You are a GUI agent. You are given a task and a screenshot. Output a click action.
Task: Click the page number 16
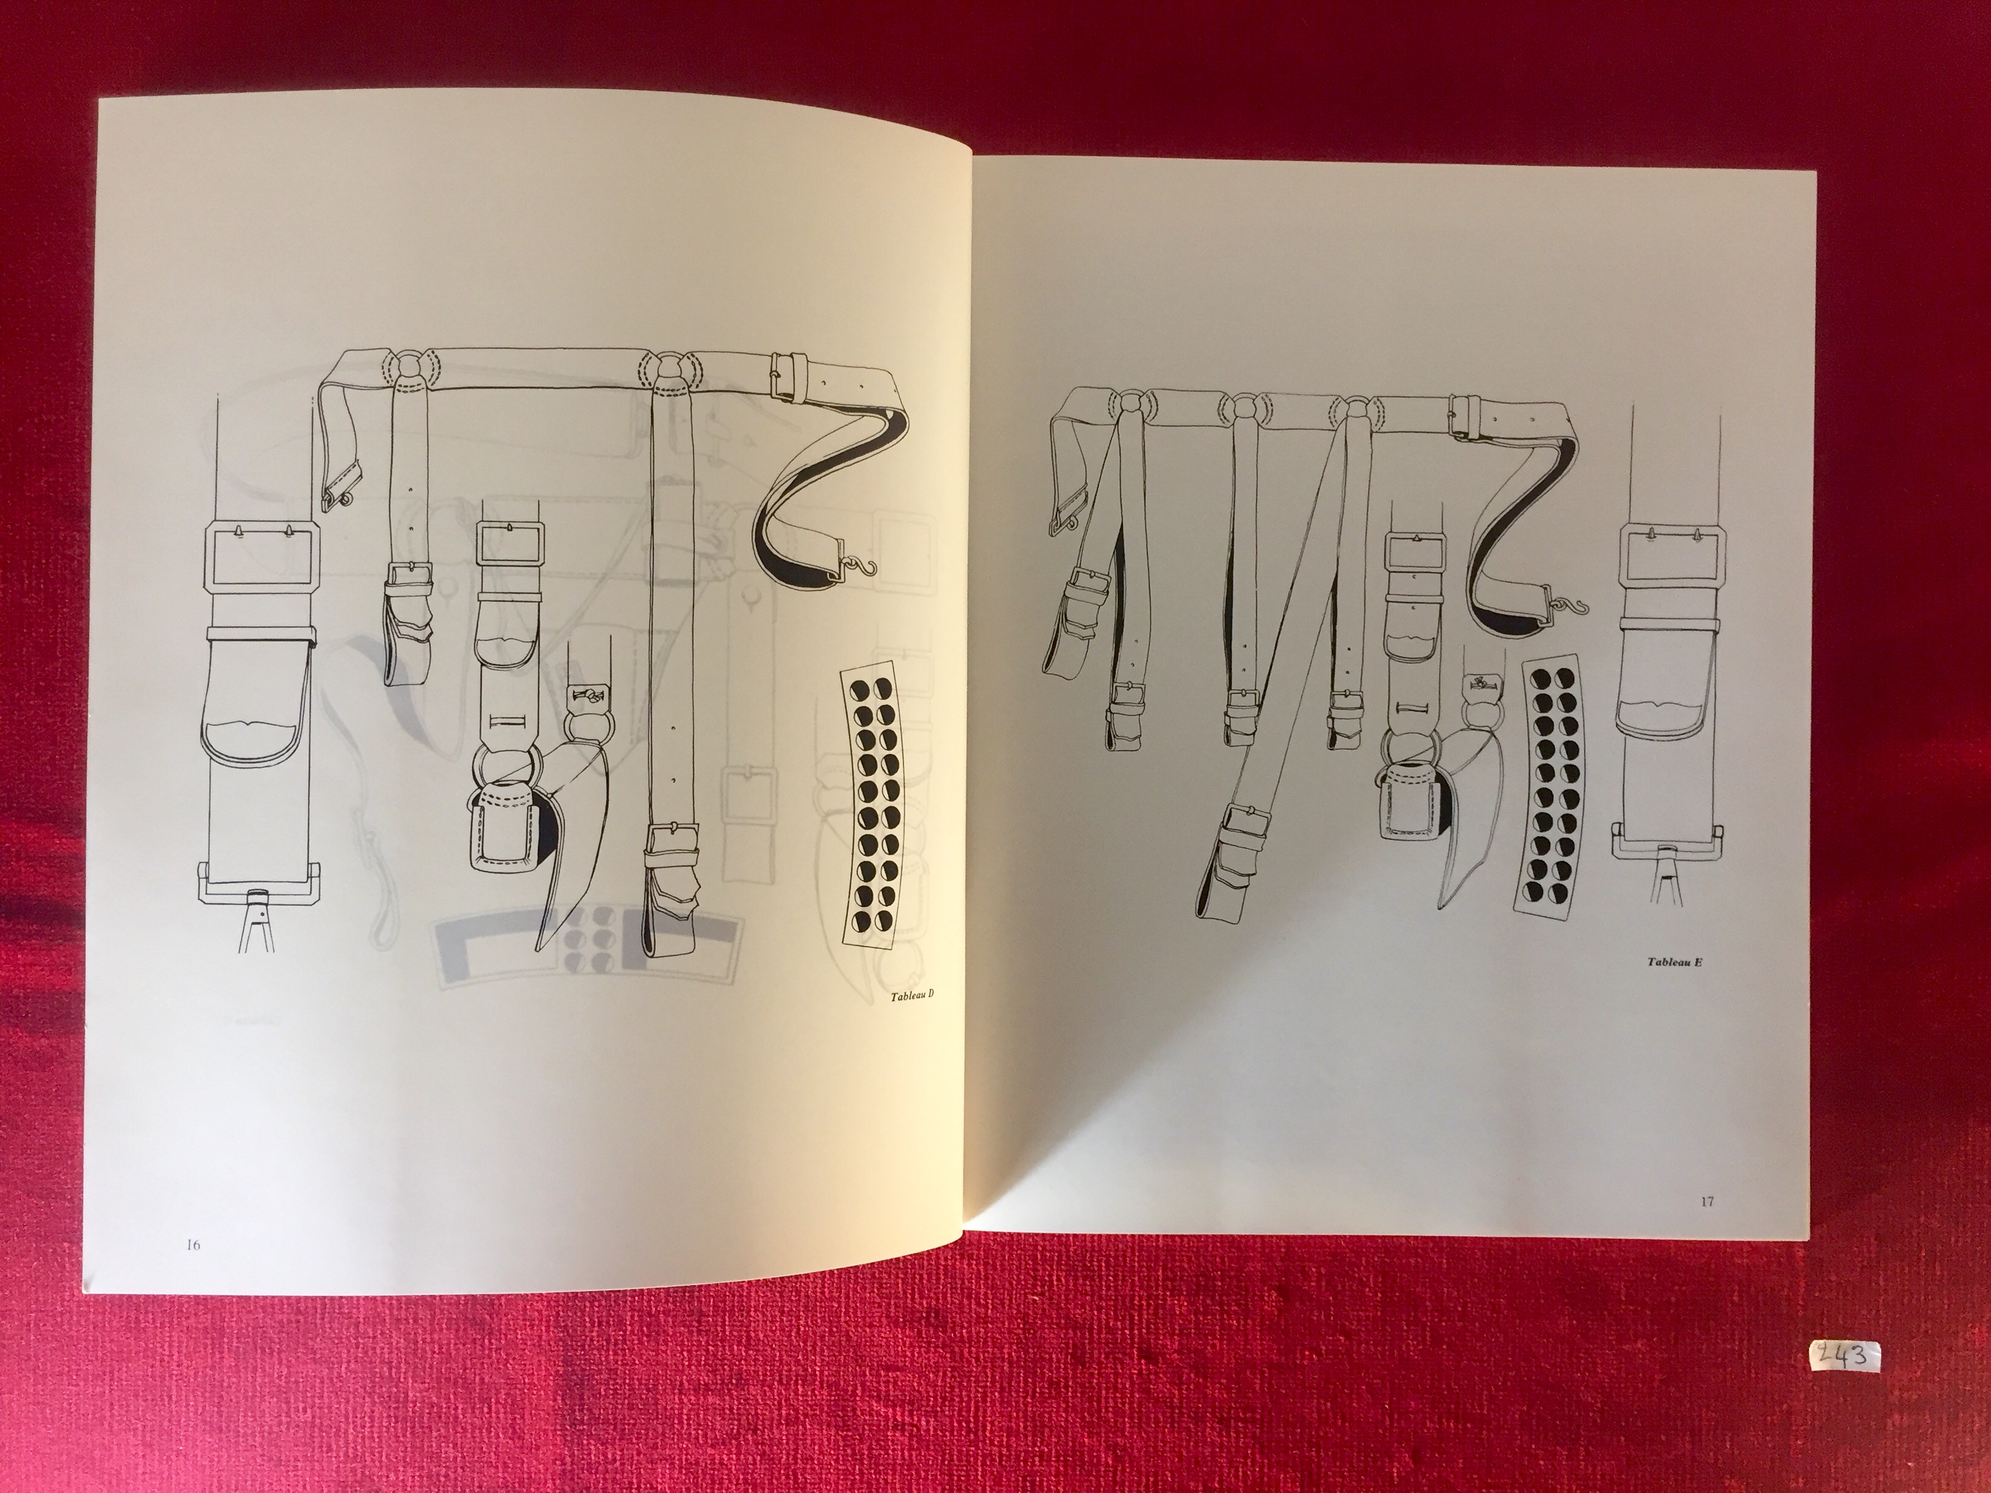pos(193,1245)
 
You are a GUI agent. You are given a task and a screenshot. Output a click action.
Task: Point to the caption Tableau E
pos(1675,961)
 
